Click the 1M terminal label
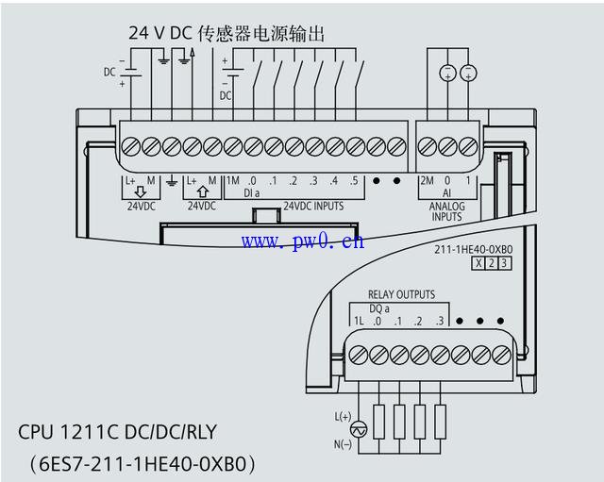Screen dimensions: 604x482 233,180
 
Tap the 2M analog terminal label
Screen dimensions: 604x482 427,180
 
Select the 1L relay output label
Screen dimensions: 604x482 359,321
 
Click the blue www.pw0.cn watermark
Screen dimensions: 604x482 303,241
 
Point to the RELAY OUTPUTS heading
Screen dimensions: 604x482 401,294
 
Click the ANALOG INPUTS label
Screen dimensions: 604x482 446,211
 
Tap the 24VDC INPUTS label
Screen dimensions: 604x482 313,206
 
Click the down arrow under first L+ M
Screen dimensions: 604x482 141,191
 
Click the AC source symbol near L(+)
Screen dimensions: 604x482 359,429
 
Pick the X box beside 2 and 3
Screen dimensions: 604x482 478,263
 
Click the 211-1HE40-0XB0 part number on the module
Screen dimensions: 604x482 474,249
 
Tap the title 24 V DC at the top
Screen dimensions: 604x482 160,33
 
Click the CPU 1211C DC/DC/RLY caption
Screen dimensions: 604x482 117,432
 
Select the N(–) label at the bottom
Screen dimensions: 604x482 343,444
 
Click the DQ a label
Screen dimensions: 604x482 379,308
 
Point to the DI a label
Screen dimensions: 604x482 252,192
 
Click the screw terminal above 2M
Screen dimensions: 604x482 427,147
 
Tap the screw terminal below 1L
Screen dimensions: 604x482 359,355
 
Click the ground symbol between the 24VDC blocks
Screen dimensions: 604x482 172,182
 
